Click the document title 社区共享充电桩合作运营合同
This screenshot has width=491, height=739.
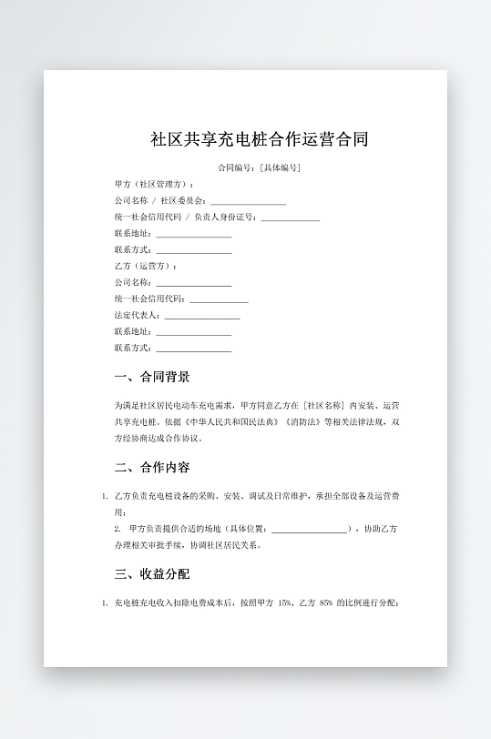(260, 139)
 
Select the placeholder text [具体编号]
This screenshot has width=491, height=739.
(281, 168)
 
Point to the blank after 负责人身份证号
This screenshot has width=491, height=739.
(290, 218)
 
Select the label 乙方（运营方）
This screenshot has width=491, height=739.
(145, 267)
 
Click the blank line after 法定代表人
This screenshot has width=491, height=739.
(202, 316)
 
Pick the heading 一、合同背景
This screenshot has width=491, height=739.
(152, 377)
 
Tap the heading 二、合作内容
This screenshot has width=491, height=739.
(152, 468)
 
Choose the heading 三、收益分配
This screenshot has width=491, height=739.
(152, 574)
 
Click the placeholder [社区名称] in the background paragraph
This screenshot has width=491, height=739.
(325, 405)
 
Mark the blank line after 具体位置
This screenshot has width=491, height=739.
(310, 529)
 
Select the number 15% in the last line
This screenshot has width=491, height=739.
(282, 602)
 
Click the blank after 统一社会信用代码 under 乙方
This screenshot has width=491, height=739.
(219, 299)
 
